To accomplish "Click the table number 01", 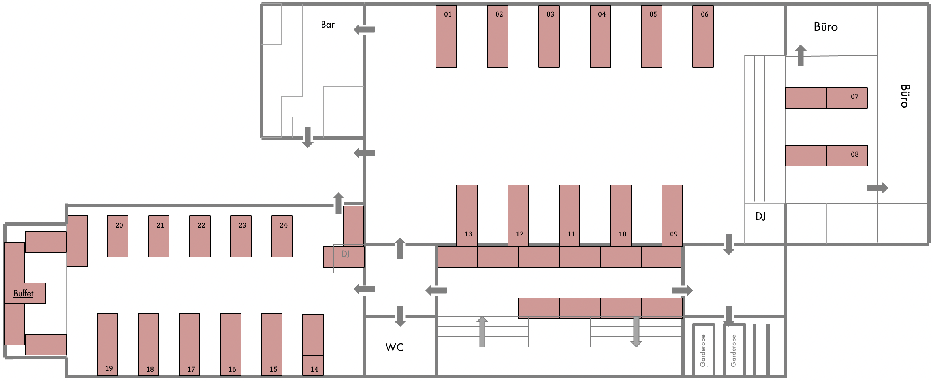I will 448,15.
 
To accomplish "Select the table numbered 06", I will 704,15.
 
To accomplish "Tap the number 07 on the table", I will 854,96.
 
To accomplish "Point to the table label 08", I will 854,155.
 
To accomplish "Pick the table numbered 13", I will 468,234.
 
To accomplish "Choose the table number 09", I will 673,234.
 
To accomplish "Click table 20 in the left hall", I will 119,225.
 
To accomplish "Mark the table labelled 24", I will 283,225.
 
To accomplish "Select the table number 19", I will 109,368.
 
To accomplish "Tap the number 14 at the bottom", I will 314,369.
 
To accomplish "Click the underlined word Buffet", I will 23,293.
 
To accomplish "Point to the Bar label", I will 327,25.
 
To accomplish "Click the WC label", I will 394,347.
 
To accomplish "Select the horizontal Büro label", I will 826,27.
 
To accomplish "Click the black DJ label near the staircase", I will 760,216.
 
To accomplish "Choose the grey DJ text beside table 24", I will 345,254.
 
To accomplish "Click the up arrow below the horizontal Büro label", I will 801,55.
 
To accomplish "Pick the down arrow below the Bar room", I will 308,138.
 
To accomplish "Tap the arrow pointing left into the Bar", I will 364,29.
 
